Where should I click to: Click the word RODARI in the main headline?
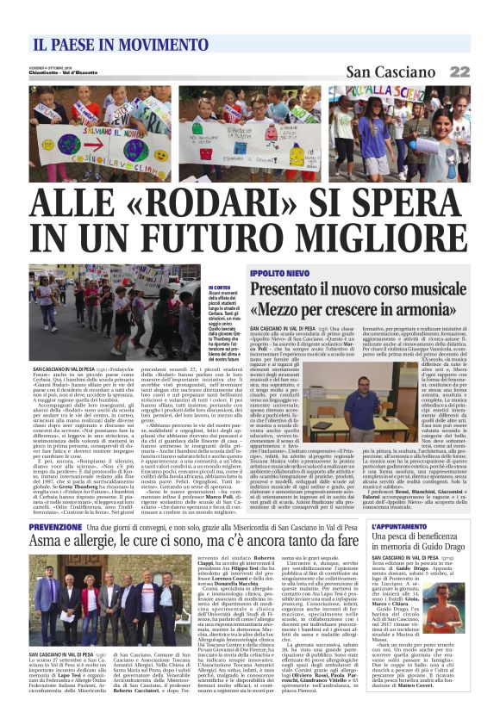pos(205,205)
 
